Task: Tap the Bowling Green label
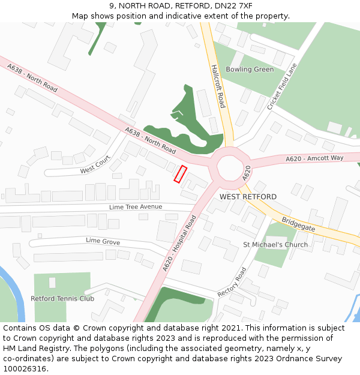250,70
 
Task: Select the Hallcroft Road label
218,87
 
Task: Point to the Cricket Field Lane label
282,87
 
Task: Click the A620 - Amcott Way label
314,158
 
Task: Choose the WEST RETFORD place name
248,197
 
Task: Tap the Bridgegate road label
298,225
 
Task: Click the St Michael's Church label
275,245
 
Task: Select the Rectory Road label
233,282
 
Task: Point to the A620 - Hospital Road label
179,243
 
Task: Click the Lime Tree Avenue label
136,207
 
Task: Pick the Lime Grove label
103,242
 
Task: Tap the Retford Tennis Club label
62,298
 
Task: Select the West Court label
95,163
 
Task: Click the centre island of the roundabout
230,164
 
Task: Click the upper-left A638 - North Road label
33,79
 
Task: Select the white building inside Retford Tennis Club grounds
52,282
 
